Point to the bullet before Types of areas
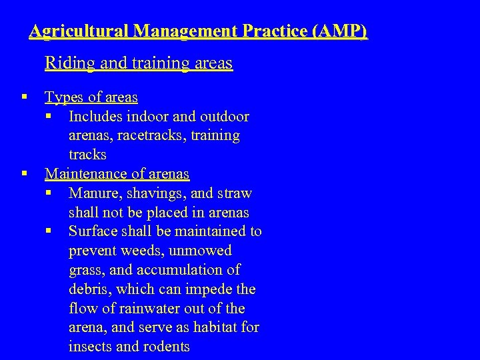(x=24, y=97)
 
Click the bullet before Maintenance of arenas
(x=24, y=174)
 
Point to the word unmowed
(x=200, y=251)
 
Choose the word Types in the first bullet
(x=64, y=97)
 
